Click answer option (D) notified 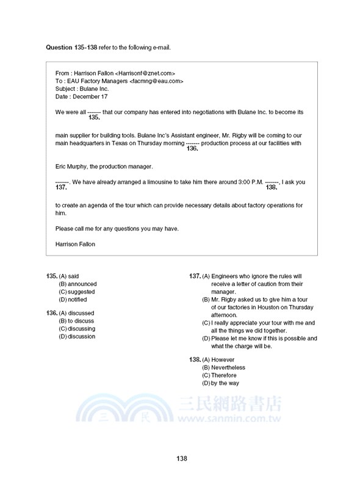[73, 300]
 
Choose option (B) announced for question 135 [77, 284]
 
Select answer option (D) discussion [77, 336]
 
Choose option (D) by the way [220, 383]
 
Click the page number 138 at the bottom [181, 459]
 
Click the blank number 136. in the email [192, 148]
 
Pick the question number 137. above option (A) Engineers [195, 276]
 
